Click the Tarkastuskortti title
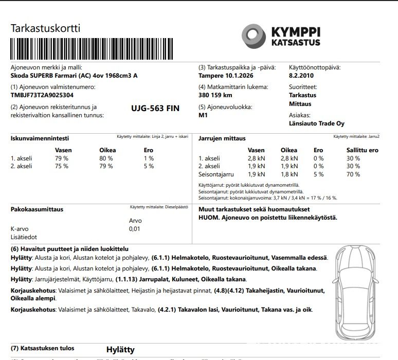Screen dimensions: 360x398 [45, 28]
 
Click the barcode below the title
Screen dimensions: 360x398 [92, 49]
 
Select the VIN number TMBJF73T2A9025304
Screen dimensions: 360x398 [42, 95]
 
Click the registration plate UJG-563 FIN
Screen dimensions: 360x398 [155, 109]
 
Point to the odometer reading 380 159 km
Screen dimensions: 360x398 [215, 95]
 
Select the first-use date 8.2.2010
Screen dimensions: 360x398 [302, 76]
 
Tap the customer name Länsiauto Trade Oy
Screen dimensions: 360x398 [317, 123]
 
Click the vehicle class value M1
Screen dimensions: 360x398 [203, 115]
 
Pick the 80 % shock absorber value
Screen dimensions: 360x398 [106, 158]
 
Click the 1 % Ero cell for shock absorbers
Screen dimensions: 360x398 [149, 158]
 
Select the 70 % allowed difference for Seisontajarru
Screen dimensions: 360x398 [353, 174]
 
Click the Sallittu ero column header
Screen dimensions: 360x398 [362, 150]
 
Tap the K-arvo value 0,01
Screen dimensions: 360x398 [135, 229]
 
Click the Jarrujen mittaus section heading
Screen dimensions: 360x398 [222, 138]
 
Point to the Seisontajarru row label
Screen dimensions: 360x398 [215, 174]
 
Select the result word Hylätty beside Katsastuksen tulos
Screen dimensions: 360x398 [120, 349]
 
